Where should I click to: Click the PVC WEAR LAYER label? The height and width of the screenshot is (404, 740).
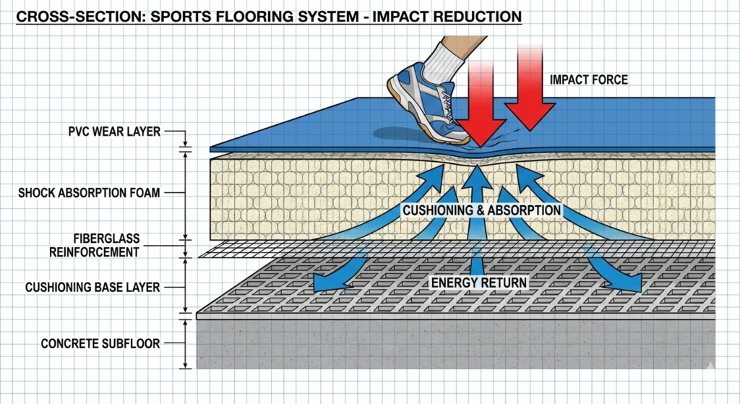coord(114,132)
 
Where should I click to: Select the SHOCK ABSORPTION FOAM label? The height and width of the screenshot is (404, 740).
coord(89,192)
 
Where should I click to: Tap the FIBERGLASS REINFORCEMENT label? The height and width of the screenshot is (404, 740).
coord(95,246)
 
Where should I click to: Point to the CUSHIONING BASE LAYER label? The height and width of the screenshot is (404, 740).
coord(92,287)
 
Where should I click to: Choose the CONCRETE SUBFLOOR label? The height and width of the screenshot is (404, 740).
coord(100,343)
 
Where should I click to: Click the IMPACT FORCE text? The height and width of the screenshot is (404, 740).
coord(588,79)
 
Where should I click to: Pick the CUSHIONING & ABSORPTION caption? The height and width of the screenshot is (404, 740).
coord(481,210)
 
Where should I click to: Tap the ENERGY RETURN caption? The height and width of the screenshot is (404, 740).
coord(479,283)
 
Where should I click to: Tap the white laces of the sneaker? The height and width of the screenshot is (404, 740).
coord(447,106)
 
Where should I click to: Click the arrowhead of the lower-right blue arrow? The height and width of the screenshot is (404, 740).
coord(630,283)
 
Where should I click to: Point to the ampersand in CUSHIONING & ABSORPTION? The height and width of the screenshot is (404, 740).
coord(480,210)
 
